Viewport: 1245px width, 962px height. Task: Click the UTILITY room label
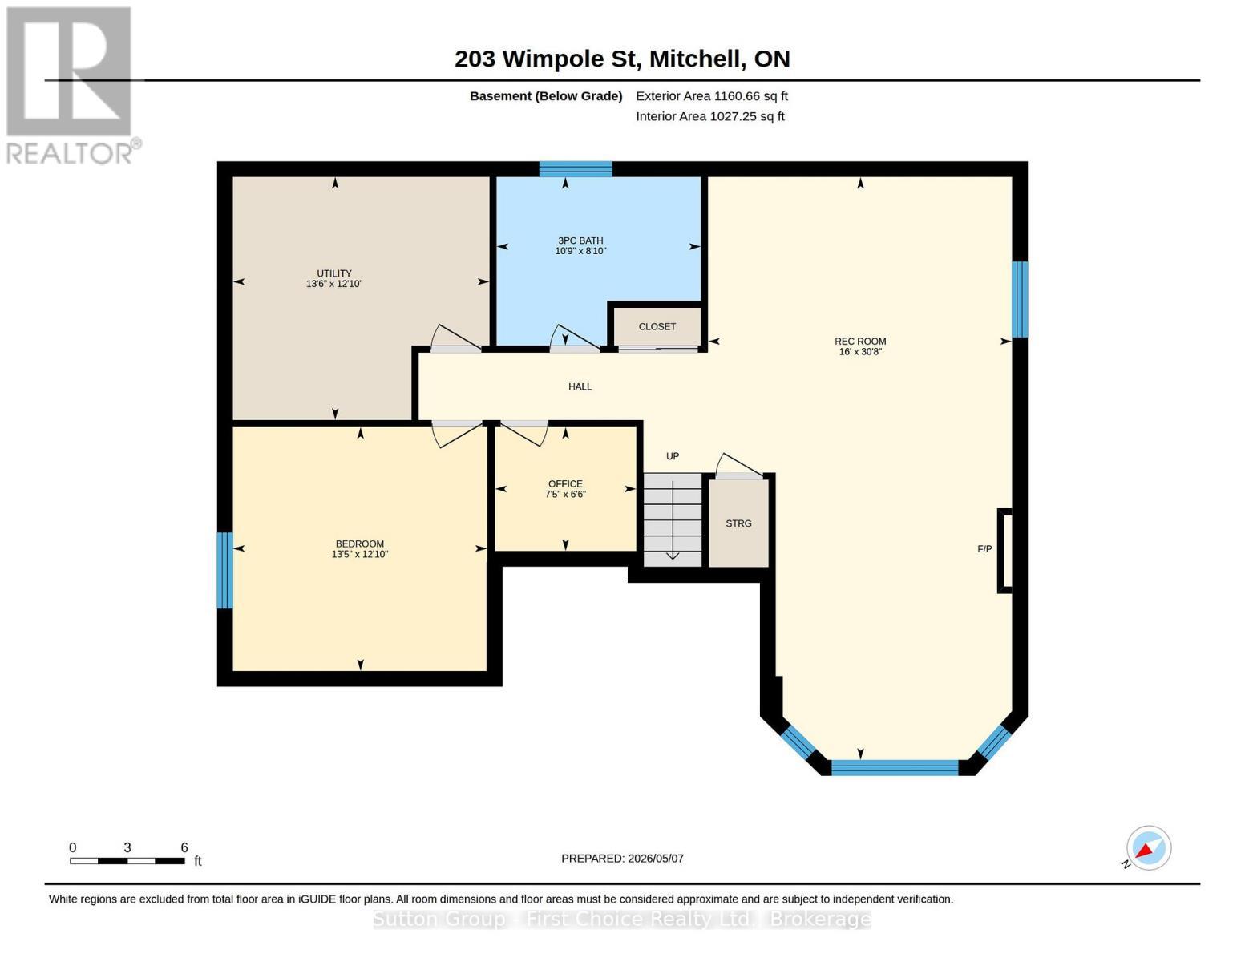click(334, 273)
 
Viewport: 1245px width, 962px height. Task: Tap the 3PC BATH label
click(580, 240)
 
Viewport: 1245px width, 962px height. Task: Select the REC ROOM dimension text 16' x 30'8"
click(860, 351)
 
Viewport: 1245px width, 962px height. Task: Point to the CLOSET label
click(657, 326)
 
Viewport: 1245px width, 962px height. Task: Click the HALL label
click(580, 386)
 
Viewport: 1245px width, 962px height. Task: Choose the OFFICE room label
click(565, 484)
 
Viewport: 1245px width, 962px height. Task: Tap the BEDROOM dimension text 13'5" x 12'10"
click(360, 554)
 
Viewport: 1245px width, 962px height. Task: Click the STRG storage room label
click(738, 523)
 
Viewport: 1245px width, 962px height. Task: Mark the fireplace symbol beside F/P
click(1004, 551)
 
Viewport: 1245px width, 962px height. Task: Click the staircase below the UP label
click(673, 519)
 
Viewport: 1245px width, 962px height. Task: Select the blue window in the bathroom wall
click(576, 169)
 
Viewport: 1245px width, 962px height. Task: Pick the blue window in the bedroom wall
click(224, 570)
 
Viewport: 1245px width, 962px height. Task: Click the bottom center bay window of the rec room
click(895, 767)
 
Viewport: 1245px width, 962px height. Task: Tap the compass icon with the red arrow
click(1148, 848)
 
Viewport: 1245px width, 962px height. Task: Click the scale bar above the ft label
click(127, 861)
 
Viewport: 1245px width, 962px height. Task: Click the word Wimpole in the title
click(552, 59)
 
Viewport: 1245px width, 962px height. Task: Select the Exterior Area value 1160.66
click(734, 96)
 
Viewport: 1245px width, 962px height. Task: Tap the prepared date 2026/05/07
click(656, 859)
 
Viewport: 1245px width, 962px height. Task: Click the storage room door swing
click(739, 465)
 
